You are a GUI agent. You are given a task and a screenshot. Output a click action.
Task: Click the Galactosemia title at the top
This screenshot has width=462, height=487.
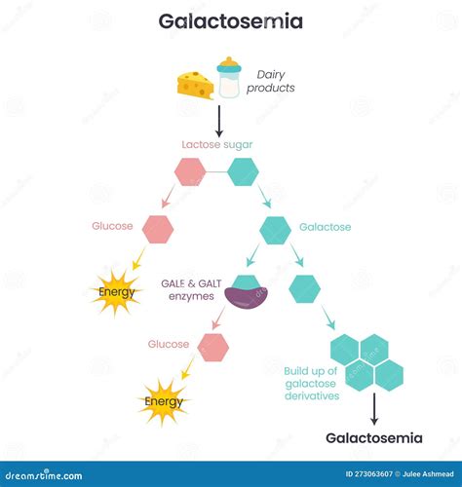[231, 20]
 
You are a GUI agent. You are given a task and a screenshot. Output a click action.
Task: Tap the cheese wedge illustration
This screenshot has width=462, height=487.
[196, 85]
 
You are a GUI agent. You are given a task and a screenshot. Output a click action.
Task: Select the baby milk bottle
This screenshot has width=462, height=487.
[229, 78]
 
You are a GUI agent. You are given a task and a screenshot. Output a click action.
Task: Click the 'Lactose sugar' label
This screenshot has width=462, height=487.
[217, 145]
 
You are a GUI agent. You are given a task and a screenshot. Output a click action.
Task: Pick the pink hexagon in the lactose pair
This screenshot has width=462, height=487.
[190, 171]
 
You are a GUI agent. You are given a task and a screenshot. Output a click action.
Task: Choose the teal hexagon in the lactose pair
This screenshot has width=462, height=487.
[243, 171]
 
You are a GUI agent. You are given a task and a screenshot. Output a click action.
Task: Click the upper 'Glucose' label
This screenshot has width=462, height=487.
[112, 226]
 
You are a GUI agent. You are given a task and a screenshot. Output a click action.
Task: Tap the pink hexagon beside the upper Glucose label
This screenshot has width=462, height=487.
[157, 229]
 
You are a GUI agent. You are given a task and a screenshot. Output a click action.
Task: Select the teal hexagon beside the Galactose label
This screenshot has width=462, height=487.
[275, 230]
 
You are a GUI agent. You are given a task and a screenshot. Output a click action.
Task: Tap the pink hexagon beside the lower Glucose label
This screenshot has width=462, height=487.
[212, 346]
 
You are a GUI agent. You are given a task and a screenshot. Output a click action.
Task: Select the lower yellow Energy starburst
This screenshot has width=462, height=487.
[163, 400]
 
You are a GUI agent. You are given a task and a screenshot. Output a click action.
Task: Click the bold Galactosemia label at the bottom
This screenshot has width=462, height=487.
[373, 438]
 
